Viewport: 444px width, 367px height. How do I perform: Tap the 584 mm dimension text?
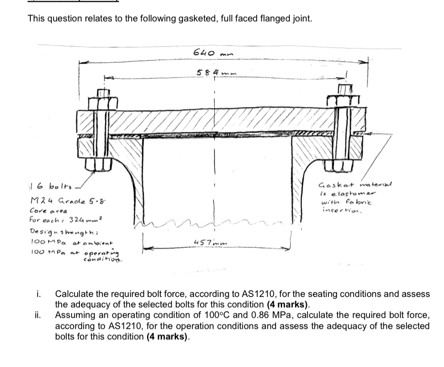click(x=213, y=72)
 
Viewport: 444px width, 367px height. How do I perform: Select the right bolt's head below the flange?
click(x=342, y=163)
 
